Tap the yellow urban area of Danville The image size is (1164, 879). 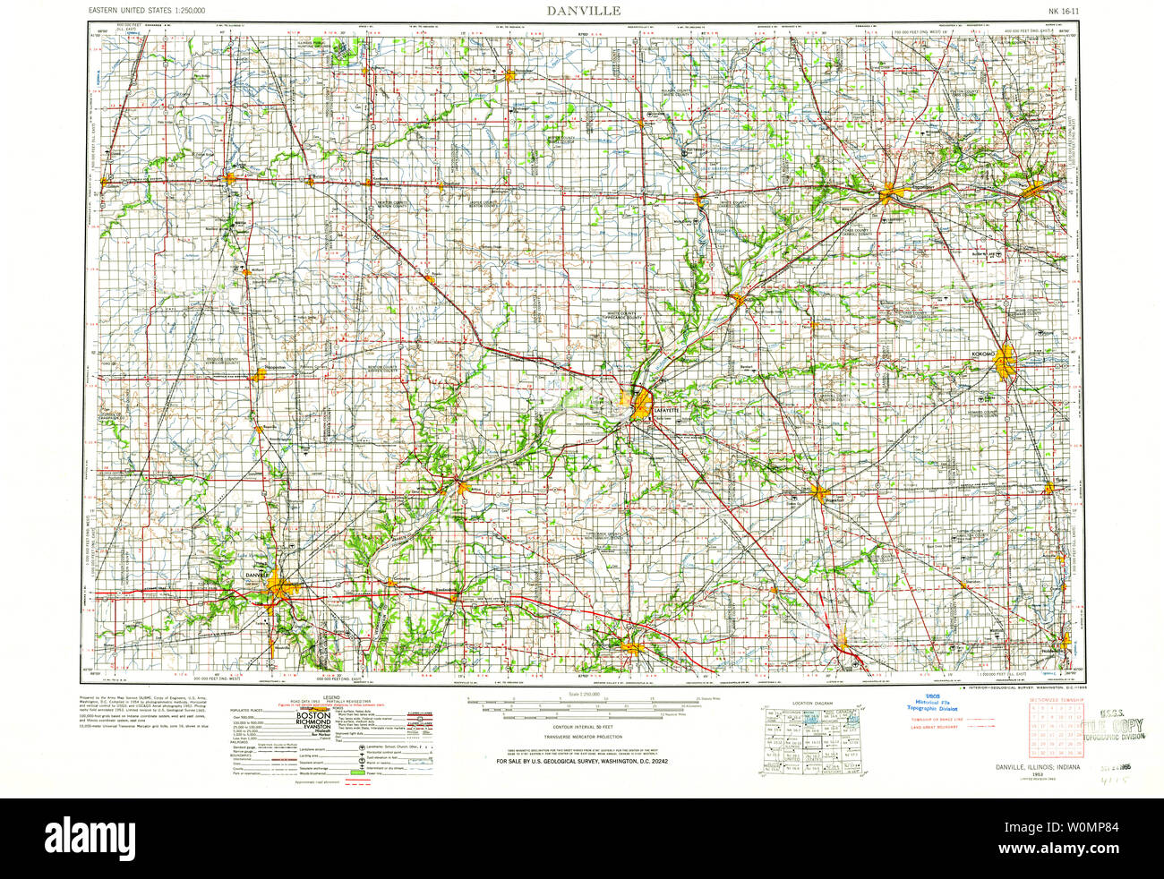279,586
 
